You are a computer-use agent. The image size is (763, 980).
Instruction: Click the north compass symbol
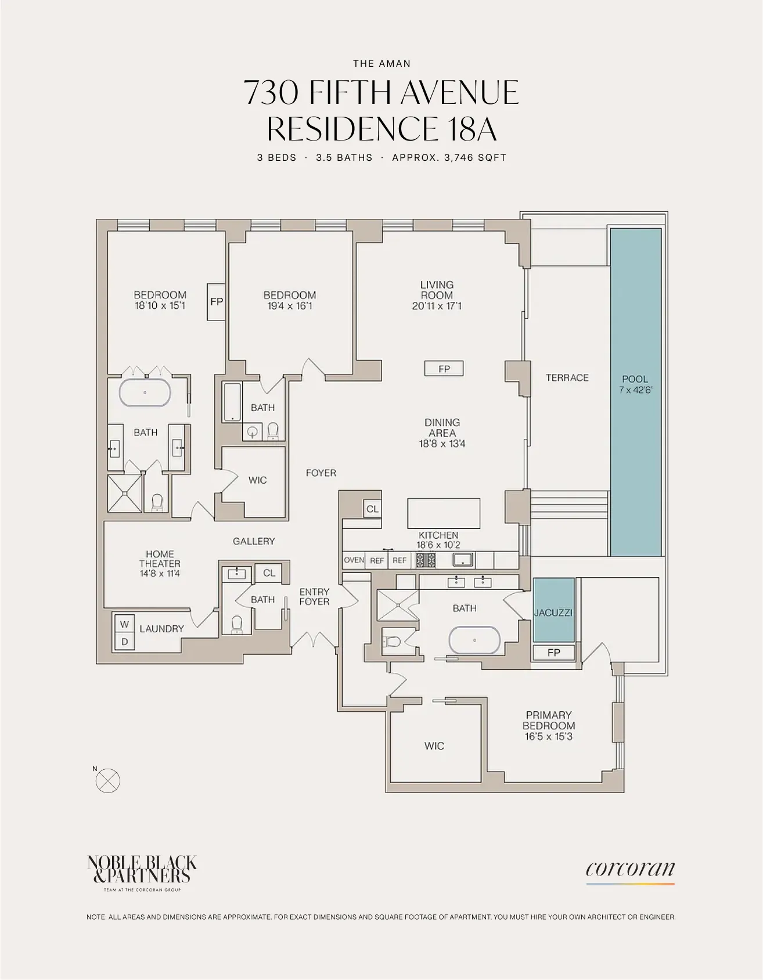point(107,781)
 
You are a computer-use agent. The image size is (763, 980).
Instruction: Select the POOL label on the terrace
point(635,379)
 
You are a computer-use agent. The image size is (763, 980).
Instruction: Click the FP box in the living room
point(444,369)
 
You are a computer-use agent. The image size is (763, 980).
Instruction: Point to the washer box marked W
point(124,624)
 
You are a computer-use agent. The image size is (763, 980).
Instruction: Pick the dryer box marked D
point(124,642)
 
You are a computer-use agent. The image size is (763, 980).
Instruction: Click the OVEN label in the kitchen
point(354,560)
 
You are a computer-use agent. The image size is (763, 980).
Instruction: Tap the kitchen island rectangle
point(444,513)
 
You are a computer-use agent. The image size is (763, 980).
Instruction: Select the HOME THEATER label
point(160,563)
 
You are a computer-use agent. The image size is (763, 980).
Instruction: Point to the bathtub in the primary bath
point(474,641)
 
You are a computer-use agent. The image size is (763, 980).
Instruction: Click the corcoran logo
point(630,870)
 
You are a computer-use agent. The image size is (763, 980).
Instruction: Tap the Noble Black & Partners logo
point(142,870)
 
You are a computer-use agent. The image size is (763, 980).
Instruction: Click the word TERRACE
point(567,378)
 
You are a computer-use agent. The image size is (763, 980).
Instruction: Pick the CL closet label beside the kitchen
point(372,509)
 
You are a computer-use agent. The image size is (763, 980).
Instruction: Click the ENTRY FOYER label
point(314,597)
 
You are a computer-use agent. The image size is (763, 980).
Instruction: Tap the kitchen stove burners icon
point(426,560)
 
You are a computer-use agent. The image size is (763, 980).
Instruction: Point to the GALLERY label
point(254,541)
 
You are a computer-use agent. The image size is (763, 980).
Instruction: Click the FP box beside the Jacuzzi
point(553,653)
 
